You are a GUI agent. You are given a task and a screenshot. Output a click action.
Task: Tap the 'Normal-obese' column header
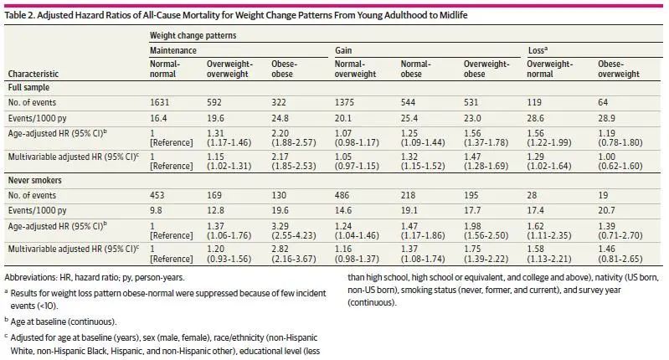416,69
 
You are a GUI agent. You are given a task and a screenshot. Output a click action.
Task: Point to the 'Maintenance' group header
175,50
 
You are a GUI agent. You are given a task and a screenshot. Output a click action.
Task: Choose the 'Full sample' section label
29,86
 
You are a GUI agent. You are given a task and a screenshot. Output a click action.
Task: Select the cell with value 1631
160,101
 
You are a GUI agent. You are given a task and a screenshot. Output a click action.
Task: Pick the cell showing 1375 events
345,101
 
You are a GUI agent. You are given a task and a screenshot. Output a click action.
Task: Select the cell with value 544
409,101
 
